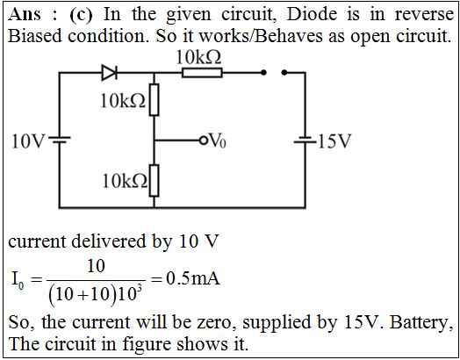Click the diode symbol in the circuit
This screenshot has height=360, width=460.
click(x=110, y=72)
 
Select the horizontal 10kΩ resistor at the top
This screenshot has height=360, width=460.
click(x=202, y=73)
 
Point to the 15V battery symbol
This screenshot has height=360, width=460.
click(x=305, y=140)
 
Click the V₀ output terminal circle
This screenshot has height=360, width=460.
click(x=203, y=140)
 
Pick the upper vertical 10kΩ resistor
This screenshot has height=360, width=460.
click(x=154, y=100)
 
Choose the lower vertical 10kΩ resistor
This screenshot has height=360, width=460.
click(x=154, y=181)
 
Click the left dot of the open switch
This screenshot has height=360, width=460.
click(x=263, y=72)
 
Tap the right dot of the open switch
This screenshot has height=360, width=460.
click(x=284, y=72)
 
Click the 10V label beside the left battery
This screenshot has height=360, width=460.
click(x=28, y=141)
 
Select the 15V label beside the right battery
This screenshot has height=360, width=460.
click(x=334, y=141)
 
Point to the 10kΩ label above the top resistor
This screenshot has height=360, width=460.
click(x=198, y=57)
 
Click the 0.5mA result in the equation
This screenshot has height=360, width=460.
click(x=193, y=278)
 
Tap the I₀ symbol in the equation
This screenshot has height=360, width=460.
click(x=17, y=279)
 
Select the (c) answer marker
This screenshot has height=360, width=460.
click(x=81, y=15)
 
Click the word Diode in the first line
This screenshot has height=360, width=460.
click(x=312, y=14)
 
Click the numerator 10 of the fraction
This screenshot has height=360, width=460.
click(x=96, y=266)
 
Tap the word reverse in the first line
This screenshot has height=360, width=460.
click(x=424, y=15)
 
